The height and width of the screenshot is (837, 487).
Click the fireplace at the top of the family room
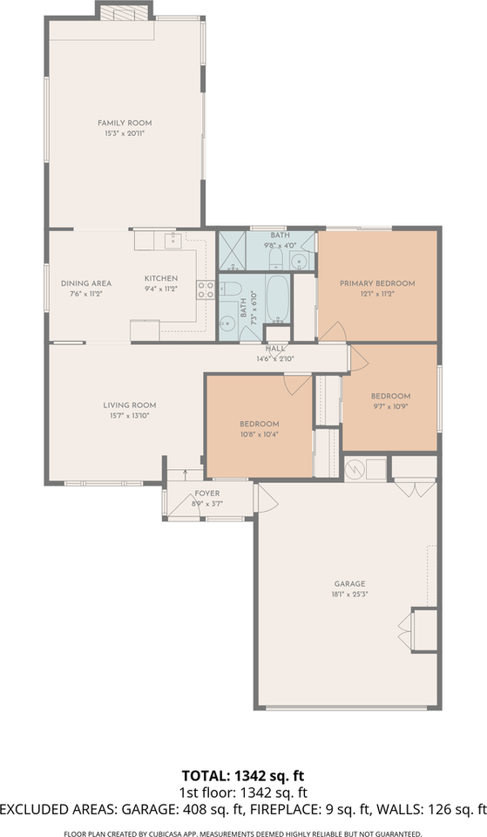pos(124,11)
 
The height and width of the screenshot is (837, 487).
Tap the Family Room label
pos(125,123)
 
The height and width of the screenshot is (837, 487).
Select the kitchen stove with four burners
pos(206,290)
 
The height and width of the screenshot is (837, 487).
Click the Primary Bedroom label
pos(376,283)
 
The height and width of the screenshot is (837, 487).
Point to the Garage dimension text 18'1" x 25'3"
pos(349,595)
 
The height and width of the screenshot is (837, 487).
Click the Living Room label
pos(129,405)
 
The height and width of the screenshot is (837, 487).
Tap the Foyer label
pos(206,493)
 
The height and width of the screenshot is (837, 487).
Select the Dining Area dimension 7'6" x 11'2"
pos(85,294)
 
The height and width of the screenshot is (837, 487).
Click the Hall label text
pos(275,349)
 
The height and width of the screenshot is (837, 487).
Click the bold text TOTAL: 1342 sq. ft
pos(243,775)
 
